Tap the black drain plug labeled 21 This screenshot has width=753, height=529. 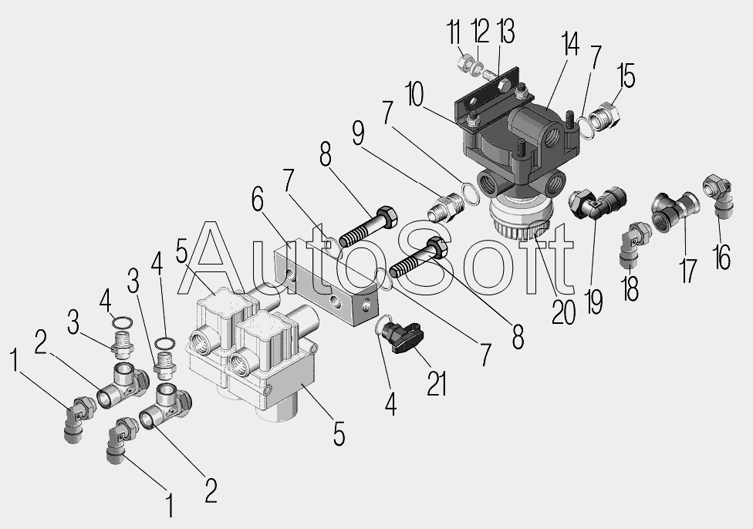(x=405, y=338)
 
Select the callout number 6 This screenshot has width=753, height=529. (x=258, y=199)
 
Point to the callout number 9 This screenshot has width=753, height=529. (x=358, y=133)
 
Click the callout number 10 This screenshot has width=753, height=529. (x=414, y=94)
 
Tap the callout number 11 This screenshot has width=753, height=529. (x=454, y=32)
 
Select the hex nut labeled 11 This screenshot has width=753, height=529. (x=465, y=62)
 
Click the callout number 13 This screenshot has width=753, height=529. (x=506, y=31)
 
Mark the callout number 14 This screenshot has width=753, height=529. (x=569, y=44)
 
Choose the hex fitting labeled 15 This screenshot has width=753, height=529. (x=604, y=116)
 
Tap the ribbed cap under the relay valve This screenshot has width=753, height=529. (x=521, y=219)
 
